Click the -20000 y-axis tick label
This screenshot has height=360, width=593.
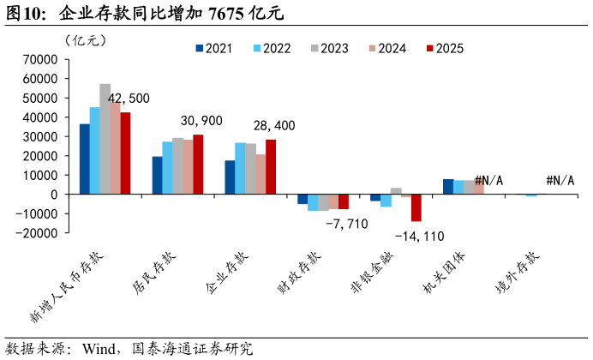tap(37, 233)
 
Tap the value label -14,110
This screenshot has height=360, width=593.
tap(420, 236)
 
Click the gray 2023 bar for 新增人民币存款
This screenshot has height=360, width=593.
tap(105, 139)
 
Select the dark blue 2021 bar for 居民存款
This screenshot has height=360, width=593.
tap(158, 175)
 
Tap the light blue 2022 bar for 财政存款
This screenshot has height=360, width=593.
tap(313, 202)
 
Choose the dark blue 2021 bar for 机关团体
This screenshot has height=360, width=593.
tap(448, 186)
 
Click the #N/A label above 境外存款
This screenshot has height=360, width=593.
tap(560, 181)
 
